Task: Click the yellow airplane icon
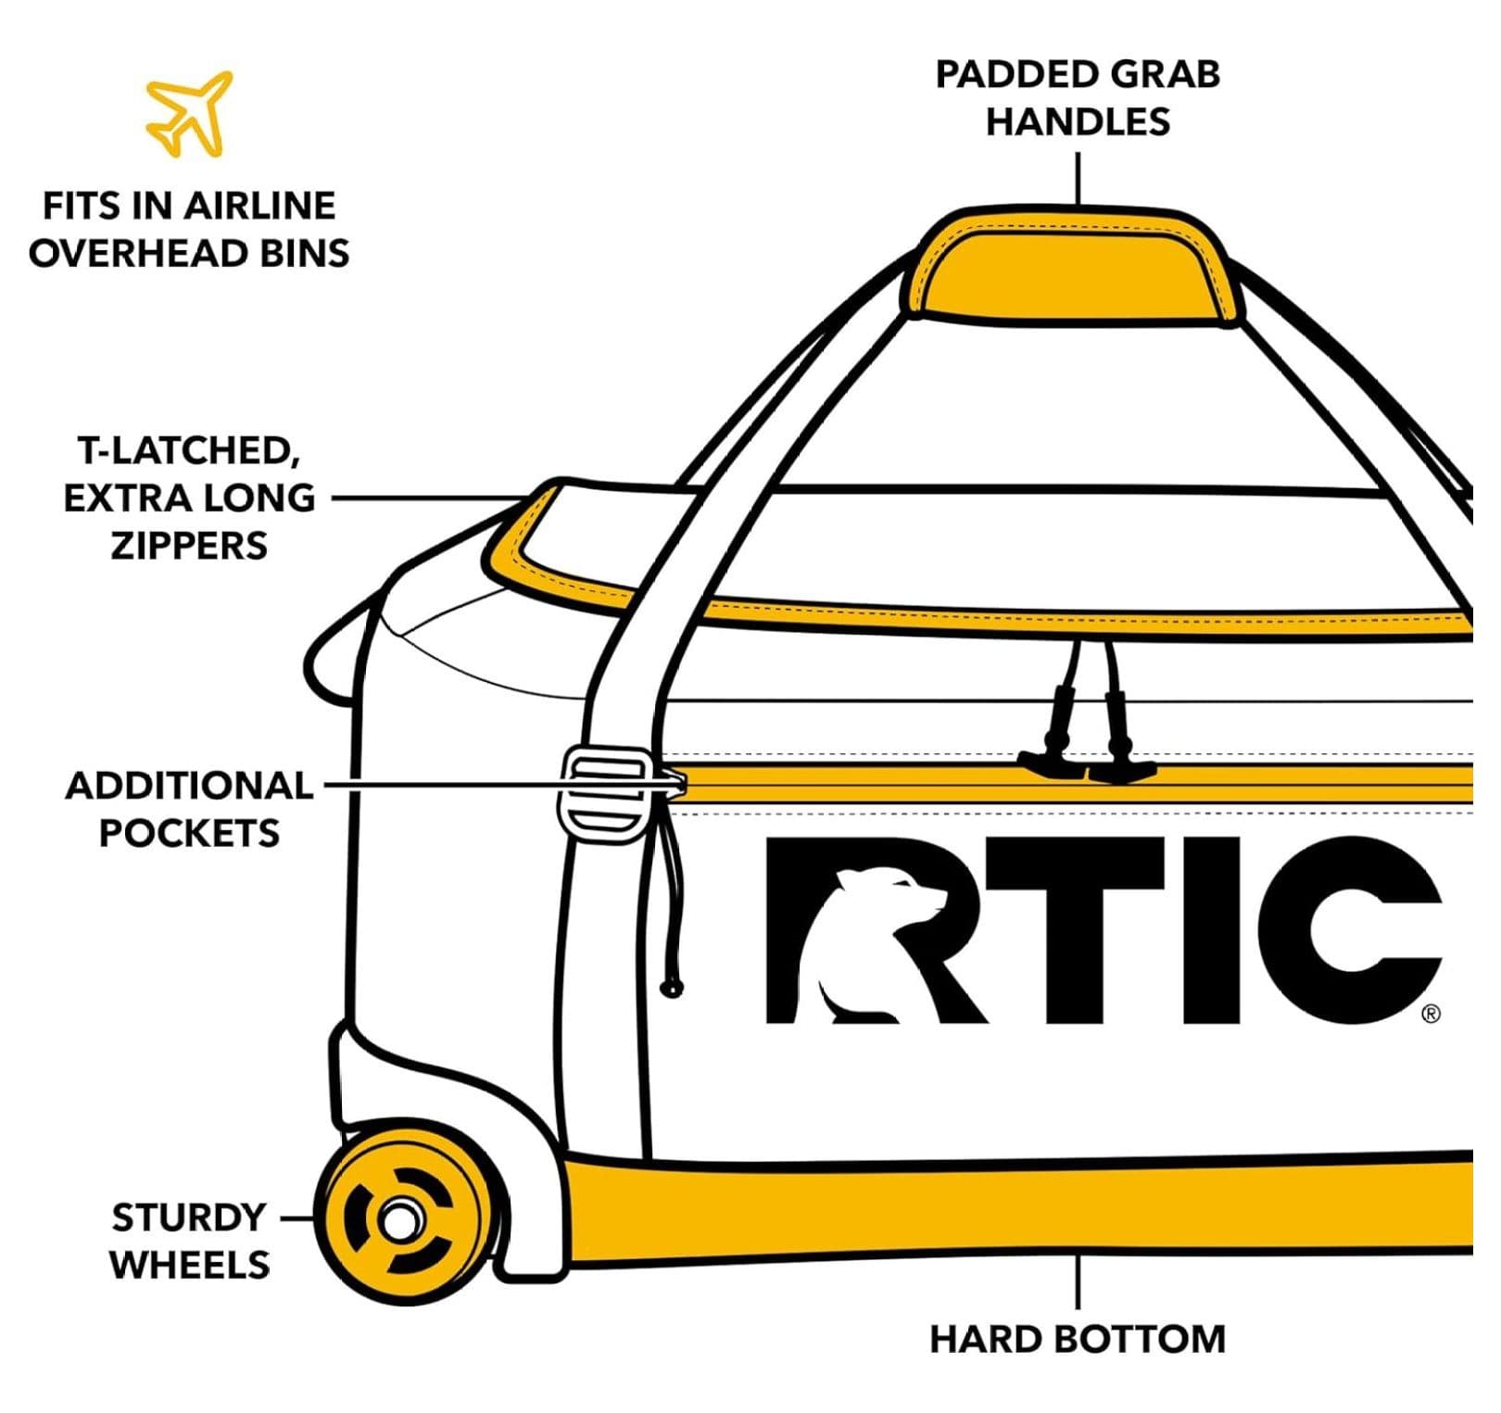[189, 113]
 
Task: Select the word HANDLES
[1078, 121]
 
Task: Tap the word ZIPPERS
[189, 546]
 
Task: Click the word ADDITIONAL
[189, 786]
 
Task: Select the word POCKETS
[189, 833]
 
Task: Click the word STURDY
[189, 1217]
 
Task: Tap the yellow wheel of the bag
[402, 1217]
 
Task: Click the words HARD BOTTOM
[1078, 1340]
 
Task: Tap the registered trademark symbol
[1431, 1014]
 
